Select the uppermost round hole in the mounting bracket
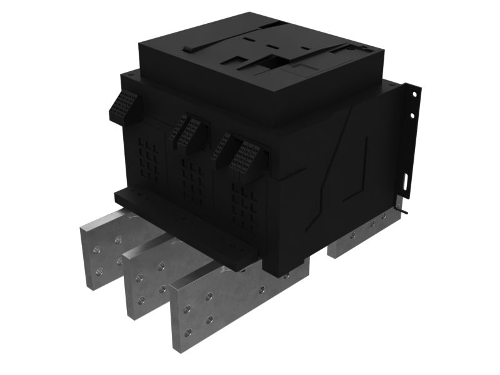coord(413,94)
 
